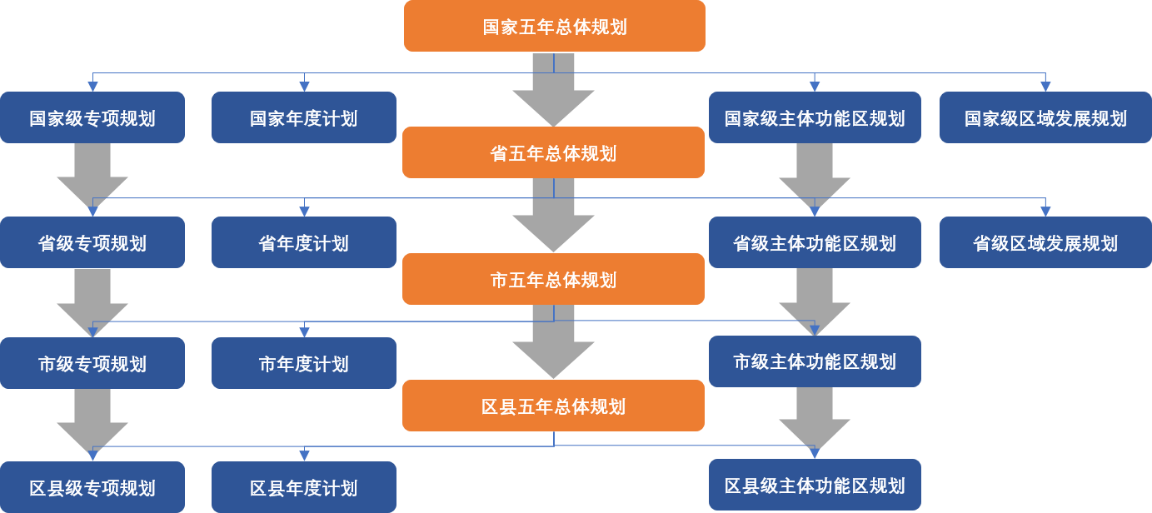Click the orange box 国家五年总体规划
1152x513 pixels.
click(x=555, y=26)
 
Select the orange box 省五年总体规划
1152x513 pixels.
click(x=553, y=153)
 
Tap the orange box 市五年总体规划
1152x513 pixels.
click(x=553, y=279)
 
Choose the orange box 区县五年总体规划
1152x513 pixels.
click(x=553, y=406)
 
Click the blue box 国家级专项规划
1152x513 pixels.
click(x=92, y=117)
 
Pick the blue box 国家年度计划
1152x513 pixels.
click(x=304, y=117)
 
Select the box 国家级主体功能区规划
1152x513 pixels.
click(x=815, y=117)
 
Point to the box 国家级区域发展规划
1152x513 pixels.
click(x=1045, y=117)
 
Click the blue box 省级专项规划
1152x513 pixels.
click(x=92, y=242)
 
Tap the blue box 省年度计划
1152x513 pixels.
click(x=304, y=242)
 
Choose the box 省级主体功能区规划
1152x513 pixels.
click(x=815, y=242)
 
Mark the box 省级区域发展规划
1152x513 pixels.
click(x=1045, y=242)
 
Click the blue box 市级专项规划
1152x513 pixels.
click(x=92, y=363)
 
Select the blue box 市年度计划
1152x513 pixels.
click(x=304, y=363)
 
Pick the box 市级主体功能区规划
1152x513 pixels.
click(x=815, y=361)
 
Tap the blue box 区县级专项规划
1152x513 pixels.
click(x=92, y=487)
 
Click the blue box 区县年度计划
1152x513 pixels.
click(x=304, y=487)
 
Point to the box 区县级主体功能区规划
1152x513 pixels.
click(x=815, y=485)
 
